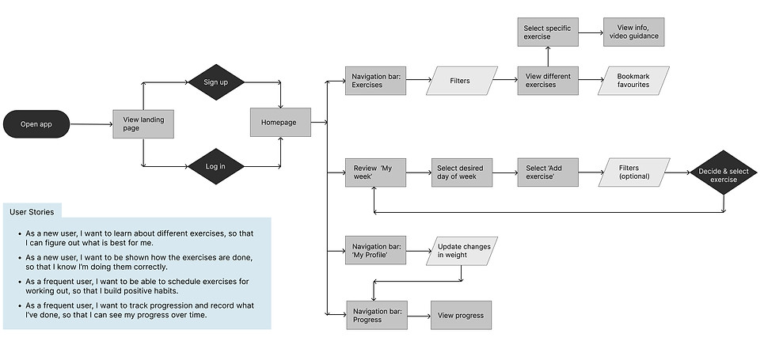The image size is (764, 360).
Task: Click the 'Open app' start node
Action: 35,123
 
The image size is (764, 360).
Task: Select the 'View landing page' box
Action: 143,123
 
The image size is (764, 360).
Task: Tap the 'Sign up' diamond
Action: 215,81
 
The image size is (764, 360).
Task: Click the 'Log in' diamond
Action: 215,166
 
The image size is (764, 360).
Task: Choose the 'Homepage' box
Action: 280,123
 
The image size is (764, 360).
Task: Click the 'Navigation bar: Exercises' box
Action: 375,81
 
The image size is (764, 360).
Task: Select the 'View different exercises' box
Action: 548,81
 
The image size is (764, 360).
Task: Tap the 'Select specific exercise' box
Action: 548,32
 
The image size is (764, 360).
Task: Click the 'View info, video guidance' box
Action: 633,32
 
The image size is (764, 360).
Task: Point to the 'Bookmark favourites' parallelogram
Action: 633,81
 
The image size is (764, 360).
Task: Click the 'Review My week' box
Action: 375,172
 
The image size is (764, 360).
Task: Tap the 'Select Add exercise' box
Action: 548,172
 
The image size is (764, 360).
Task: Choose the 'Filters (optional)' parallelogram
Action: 633,172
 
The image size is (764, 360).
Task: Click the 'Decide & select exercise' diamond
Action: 723,172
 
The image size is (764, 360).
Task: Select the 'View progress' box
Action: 461,315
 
